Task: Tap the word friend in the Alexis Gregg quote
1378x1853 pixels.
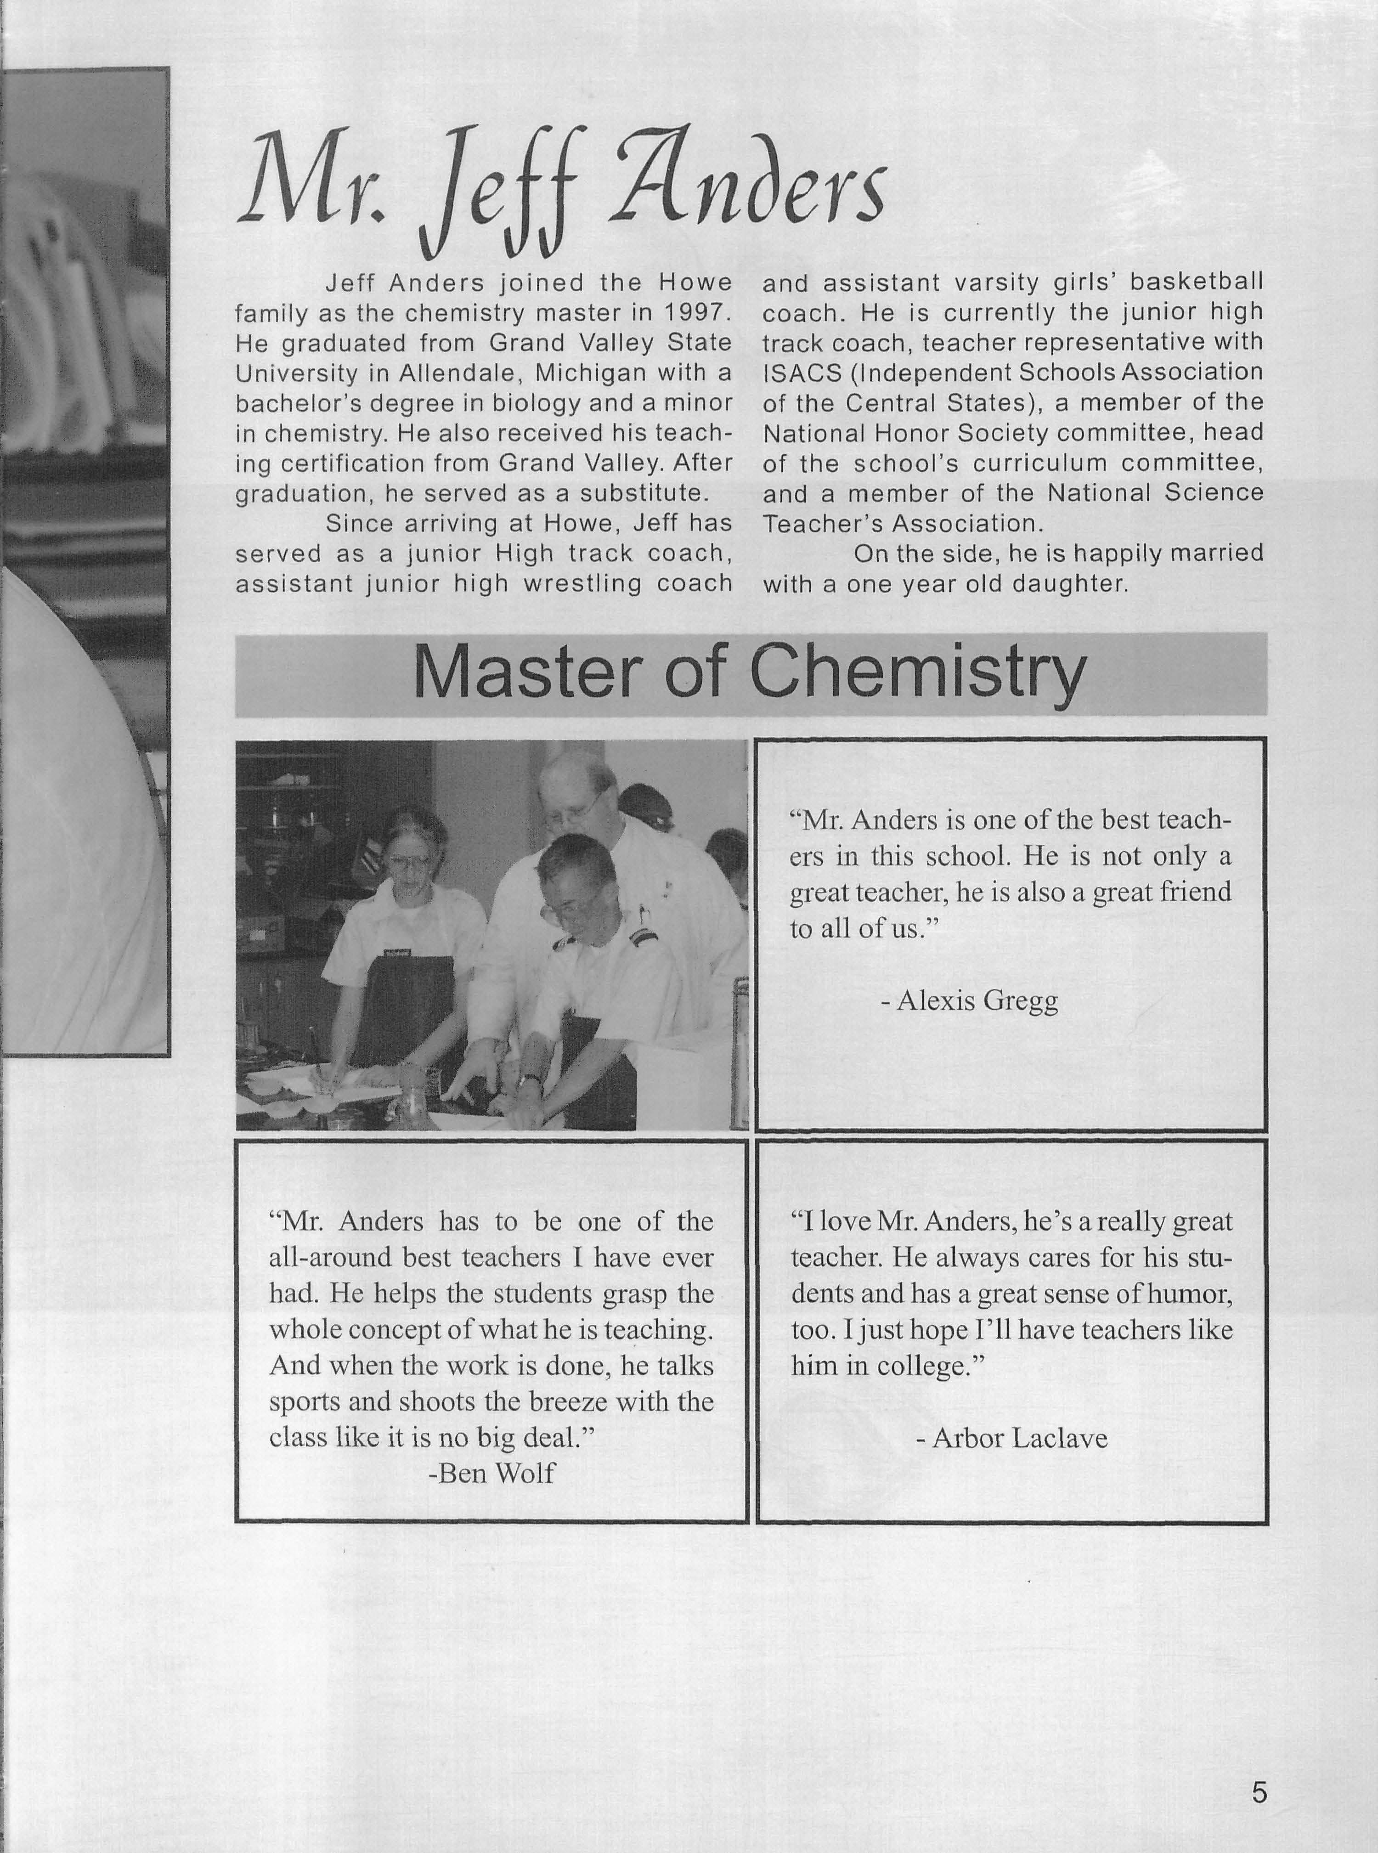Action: pos(1195,893)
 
